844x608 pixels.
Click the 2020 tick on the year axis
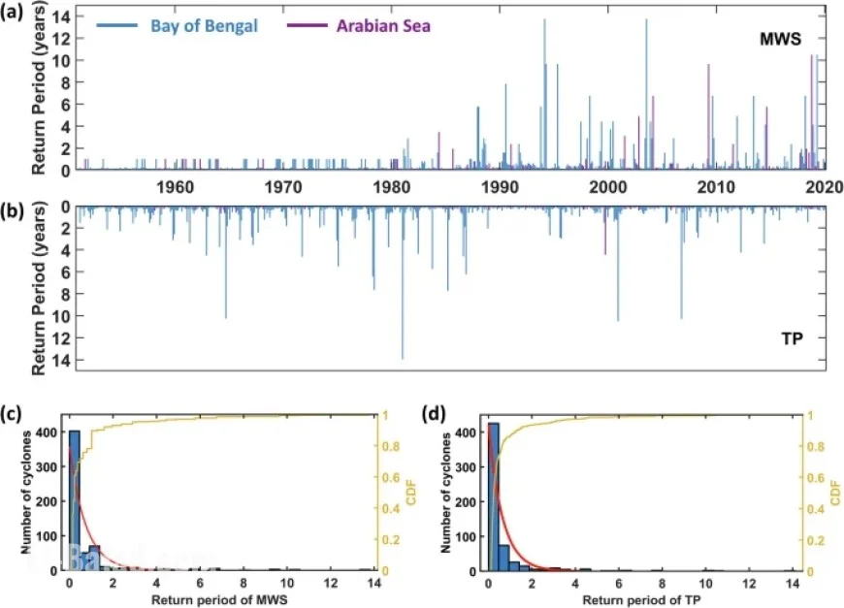pos(826,187)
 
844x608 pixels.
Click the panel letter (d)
pos(438,414)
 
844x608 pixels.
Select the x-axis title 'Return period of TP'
pos(637,597)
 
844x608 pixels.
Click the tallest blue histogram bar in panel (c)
pos(74,500)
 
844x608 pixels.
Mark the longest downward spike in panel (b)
pos(403,291)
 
